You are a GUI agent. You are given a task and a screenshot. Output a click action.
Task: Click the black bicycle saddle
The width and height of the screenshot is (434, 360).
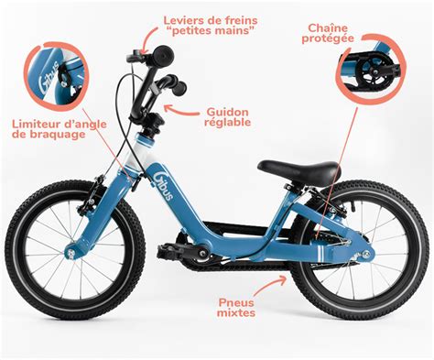point(298,170)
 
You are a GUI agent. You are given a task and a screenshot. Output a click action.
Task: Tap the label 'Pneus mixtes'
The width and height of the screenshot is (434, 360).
point(236,308)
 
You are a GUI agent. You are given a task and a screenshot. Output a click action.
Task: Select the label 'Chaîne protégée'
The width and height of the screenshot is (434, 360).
point(328,33)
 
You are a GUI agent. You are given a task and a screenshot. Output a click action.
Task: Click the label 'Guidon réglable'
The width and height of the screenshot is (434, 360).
point(227,116)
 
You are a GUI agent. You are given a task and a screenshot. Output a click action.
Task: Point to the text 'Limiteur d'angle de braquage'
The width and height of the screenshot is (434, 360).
point(60,129)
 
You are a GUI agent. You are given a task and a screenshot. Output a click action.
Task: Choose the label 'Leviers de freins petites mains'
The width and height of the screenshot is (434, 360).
point(211,26)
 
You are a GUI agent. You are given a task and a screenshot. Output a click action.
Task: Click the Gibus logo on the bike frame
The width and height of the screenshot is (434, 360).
point(164,185)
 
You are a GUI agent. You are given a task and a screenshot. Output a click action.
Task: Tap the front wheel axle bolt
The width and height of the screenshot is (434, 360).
point(71,253)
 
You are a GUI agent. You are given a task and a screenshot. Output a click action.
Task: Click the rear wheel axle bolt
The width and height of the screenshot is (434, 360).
point(366,254)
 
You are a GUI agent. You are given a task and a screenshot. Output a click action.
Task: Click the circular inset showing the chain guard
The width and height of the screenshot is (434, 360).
point(370,69)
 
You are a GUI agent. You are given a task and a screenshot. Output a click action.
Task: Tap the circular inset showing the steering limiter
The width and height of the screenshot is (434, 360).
point(57,76)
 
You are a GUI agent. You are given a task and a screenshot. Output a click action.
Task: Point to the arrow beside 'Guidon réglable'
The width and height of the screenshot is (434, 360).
point(181,110)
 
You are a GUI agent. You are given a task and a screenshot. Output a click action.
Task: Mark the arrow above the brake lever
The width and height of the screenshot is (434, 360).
point(150,38)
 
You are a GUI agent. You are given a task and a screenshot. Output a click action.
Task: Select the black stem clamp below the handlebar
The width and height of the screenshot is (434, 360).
point(155,120)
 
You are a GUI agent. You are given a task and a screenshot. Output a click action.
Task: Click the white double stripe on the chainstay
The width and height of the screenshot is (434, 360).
point(320,254)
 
